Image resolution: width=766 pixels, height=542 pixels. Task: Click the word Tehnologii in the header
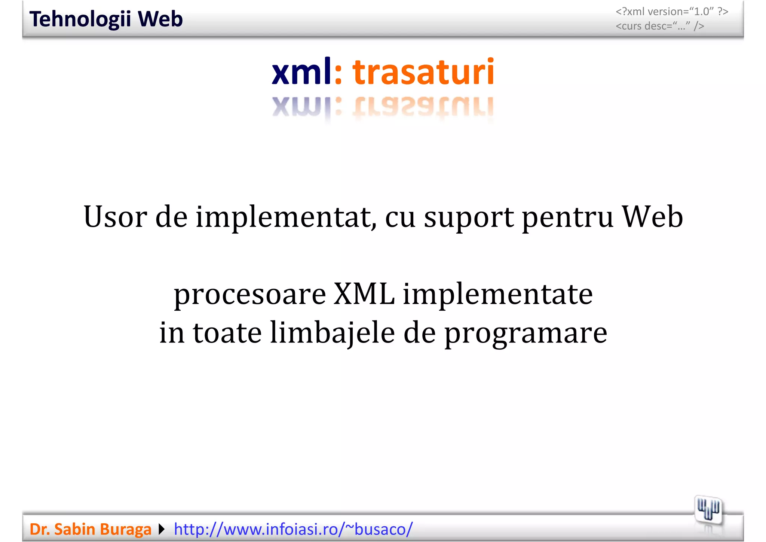coord(80,19)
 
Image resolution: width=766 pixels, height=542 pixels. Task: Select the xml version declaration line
coord(672,12)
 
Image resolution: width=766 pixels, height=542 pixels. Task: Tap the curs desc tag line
coord(660,26)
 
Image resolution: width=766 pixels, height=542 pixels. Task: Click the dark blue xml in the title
coord(301,72)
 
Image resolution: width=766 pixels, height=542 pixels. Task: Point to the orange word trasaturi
coord(423,72)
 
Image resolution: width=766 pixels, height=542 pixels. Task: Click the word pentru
coord(568,217)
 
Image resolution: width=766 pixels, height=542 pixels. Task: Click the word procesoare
coord(250,294)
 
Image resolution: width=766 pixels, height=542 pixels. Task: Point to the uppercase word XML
coord(364,293)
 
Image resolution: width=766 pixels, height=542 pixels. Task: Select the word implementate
coord(497,294)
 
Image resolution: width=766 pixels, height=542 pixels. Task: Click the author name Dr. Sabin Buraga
coord(91,529)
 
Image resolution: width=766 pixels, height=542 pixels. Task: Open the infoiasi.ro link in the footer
coord(293,529)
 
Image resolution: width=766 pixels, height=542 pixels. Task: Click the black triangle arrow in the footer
coord(162,529)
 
